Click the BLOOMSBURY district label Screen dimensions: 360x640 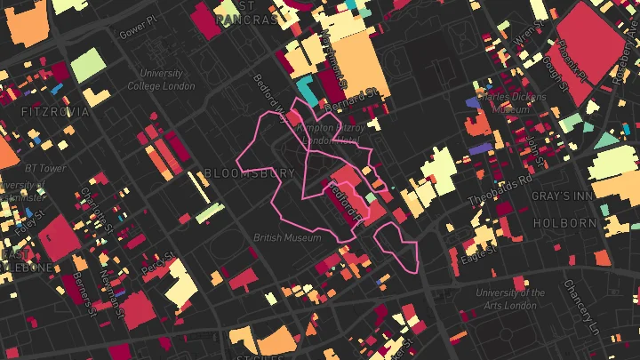point(249,172)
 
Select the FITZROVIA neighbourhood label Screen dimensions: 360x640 point(55,112)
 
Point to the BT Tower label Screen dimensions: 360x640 point(45,168)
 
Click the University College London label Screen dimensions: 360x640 point(161,80)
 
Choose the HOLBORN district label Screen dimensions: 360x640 point(564,223)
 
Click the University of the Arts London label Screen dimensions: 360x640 point(510,299)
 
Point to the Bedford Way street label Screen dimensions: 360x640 point(270,98)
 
